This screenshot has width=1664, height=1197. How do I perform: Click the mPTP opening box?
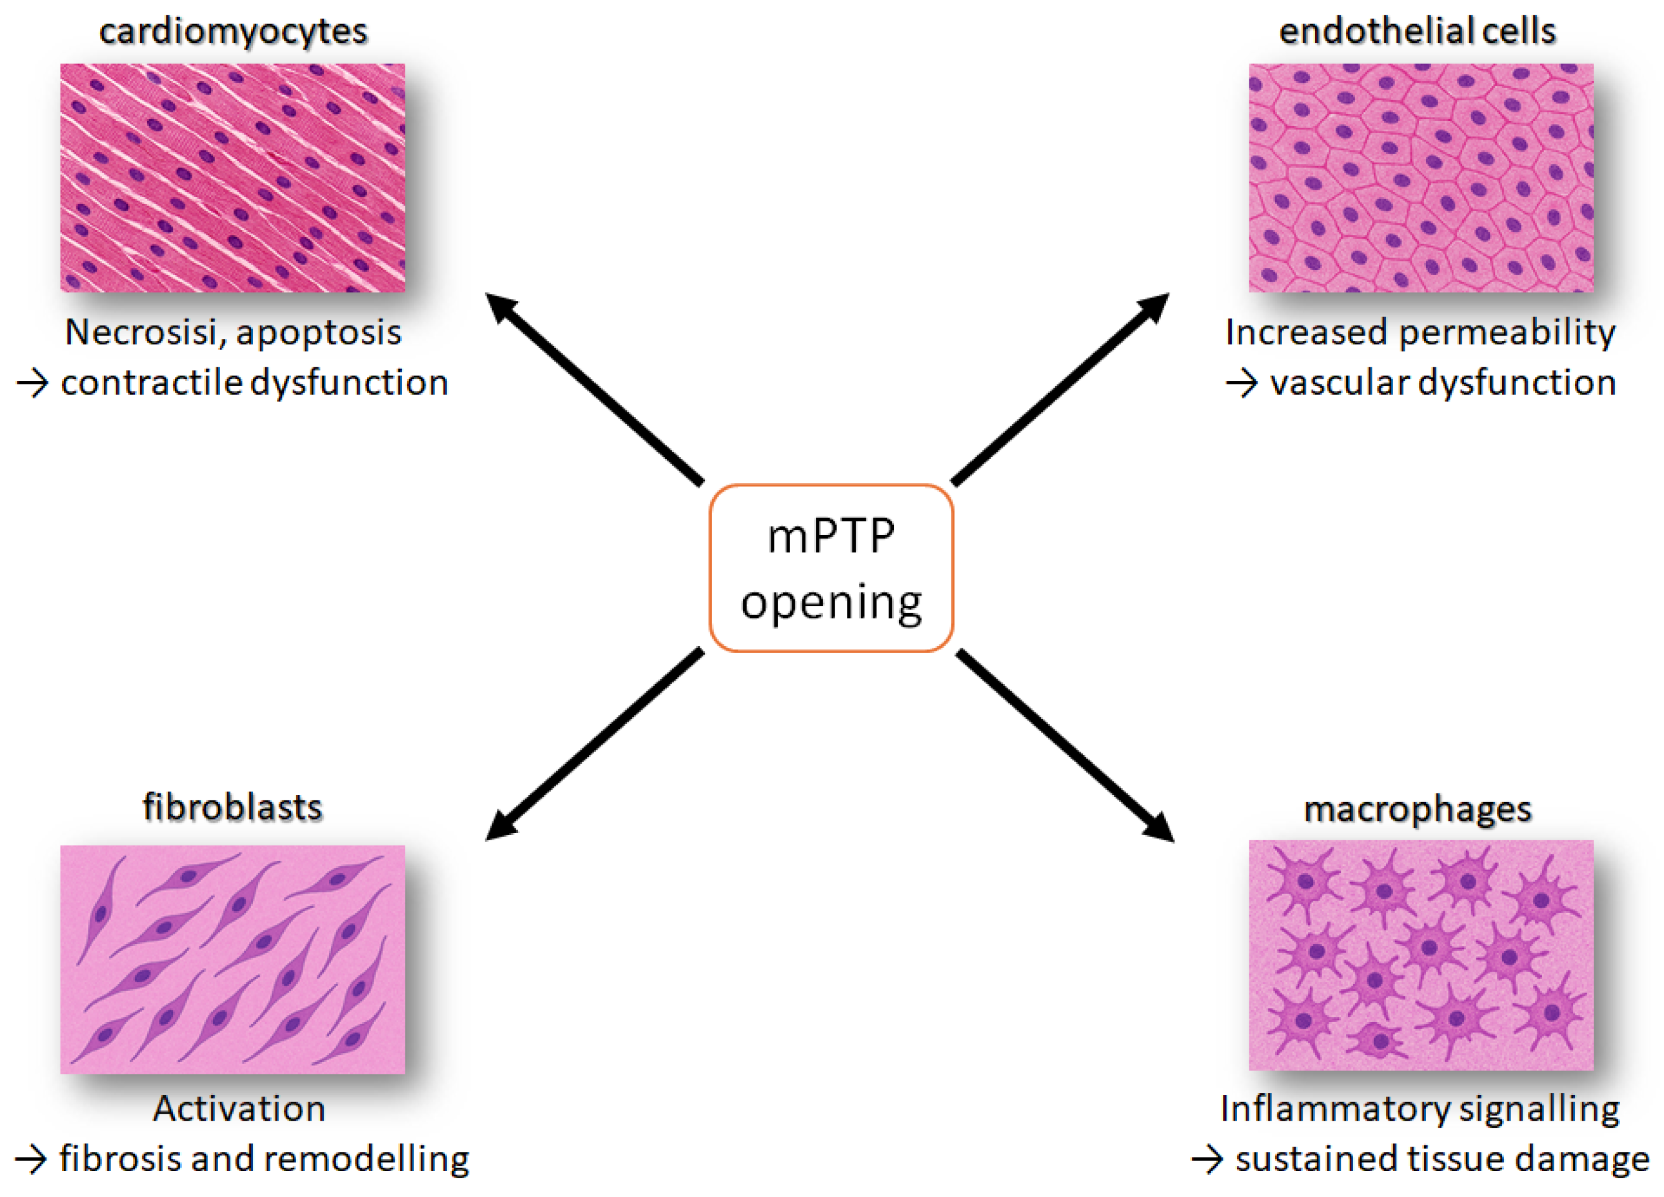pyautogui.click(x=831, y=567)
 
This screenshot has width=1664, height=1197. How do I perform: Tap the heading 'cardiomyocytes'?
pyautogui.click(x=233, y=32)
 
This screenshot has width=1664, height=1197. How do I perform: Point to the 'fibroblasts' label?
pyautogui.click(x=232, y=807)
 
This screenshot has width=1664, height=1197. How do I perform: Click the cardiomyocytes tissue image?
pyautogui.click(x=233, y=178)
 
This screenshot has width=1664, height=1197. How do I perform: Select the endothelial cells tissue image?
pyautogui.click(x=1421, y=178)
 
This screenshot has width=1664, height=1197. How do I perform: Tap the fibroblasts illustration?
pyautogui.click(x=233, y=959)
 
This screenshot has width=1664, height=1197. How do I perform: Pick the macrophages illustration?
pyautogui.click(x=1421, y=955)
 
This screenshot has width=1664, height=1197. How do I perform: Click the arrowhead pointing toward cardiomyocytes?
pyautogui.click(x=500, y=307)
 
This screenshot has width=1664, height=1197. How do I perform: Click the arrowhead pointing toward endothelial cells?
pyautogui.click(x=1154, y=307)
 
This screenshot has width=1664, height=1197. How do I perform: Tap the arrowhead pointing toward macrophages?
pyautogui.click(x=1159, y=827)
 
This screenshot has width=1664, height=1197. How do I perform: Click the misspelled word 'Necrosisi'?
pyautogui.click(x=144, y=333)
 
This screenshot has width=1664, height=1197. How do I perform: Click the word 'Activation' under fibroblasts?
pyautogui.click(x=239, y=1108)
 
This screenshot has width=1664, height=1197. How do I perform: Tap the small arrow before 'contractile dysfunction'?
pyautogui.click(x=32, y=383)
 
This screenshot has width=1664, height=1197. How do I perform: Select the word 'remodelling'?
pyautogui.click(x=366, y=1159)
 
